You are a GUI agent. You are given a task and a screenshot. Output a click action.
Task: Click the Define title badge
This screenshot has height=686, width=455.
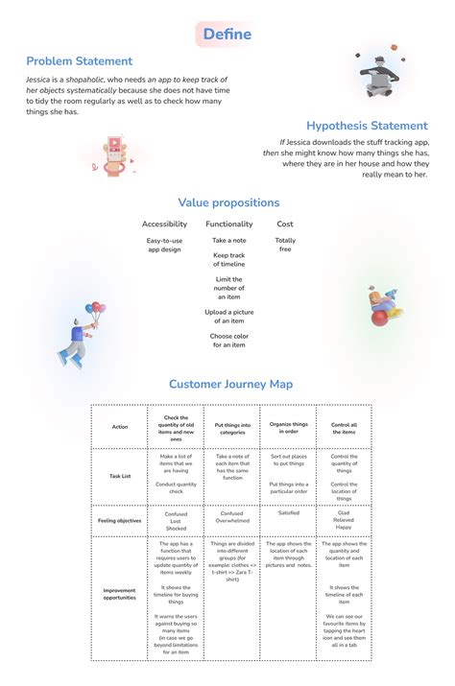pos(227,35)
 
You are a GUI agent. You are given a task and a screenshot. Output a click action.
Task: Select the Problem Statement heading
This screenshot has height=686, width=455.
pos(80,61)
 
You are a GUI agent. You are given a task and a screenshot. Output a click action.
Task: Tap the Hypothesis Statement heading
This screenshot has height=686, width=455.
pos(367,126)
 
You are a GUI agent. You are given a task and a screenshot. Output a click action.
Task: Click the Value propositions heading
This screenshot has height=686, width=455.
pos(228,202)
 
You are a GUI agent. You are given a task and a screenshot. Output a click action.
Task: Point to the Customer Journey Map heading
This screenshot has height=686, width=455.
pos(230,384)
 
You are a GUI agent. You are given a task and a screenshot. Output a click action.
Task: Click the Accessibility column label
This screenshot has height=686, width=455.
pos(164,225)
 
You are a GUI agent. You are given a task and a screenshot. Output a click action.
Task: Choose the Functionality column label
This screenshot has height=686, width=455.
pos(228,225)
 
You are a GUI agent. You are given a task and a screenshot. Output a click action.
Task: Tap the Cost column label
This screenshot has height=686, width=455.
pos(285,225)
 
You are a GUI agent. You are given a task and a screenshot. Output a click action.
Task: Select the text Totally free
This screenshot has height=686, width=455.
pos(285,245)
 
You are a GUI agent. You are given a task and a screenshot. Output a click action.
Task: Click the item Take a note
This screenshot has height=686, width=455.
pos(228,240)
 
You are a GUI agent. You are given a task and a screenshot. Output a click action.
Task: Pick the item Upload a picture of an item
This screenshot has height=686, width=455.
pos(228,317)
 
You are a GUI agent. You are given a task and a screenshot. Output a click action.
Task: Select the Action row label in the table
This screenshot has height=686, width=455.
pos(119,426)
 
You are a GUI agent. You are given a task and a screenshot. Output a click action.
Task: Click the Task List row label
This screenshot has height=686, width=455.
pos(119,475)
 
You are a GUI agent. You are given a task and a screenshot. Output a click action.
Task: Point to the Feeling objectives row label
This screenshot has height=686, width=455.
pos(119,520)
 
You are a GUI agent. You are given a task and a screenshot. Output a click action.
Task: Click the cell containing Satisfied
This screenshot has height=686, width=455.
pos(288,513)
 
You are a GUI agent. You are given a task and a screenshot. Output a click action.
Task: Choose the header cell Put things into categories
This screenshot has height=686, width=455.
pos(231,427)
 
